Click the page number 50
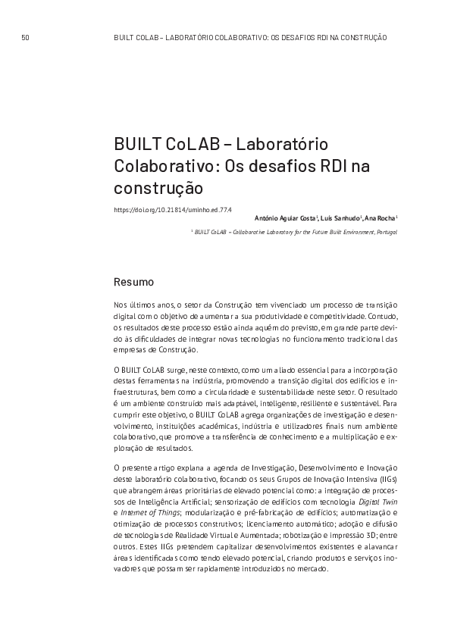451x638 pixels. click(25, 36)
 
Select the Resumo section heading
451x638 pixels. click(133, 282)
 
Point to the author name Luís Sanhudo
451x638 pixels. click(342, 218)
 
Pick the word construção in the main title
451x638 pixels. click(159, 185)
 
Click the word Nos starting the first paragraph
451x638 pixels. click(121, 304)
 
